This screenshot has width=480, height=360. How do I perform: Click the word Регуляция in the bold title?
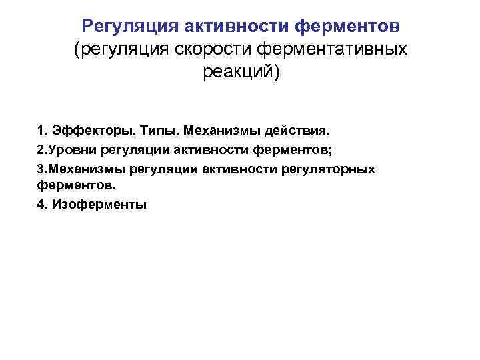coord(126,27)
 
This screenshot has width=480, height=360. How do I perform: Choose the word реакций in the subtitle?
coord(239,72)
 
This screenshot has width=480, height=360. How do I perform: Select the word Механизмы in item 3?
coord(79,169)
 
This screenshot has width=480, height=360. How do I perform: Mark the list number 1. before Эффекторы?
coord(41,127)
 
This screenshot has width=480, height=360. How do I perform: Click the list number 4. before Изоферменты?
coord(41,205)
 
